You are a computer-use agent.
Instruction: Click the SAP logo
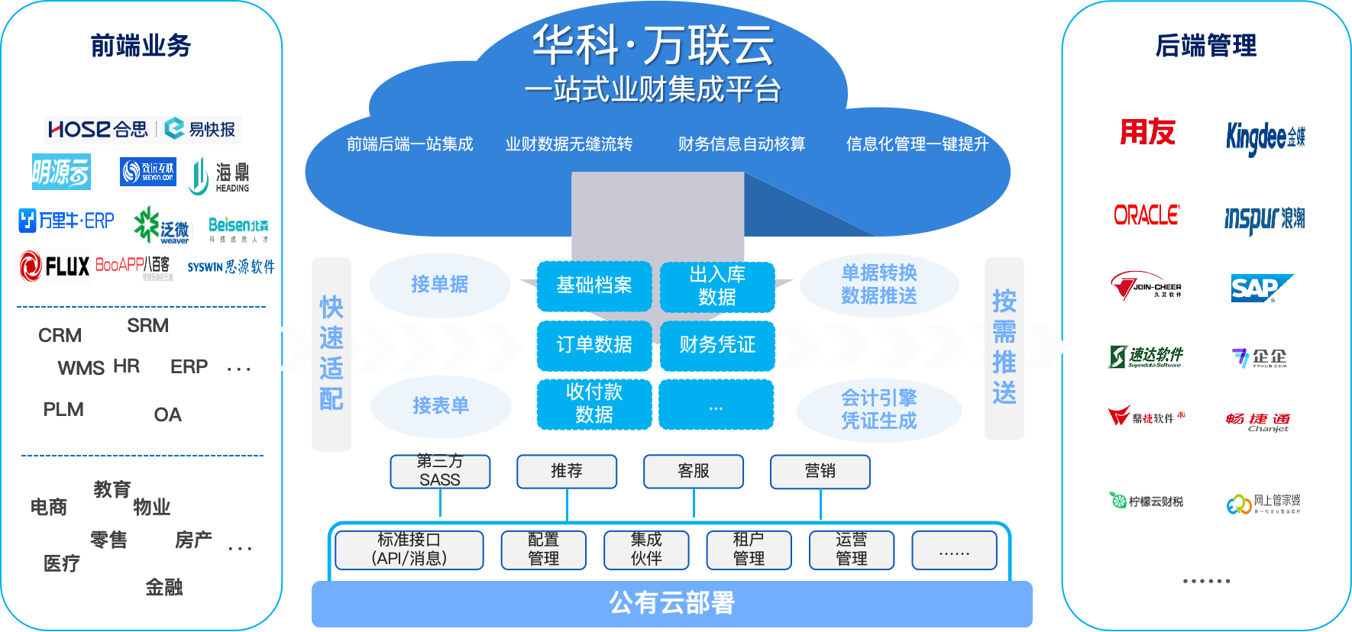coord(1261,288)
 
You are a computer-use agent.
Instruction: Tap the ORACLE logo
coord(1146,215)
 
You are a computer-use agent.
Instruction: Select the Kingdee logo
coord(1265,137)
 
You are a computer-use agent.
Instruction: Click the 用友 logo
coord(1147,132)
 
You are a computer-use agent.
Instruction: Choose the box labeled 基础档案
coord(594,285)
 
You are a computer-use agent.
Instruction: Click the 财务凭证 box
coord(717,345)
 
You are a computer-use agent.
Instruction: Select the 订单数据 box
coord(594,345)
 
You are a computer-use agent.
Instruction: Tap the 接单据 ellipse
coord(440,285)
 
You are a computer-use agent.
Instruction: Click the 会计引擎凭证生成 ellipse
coord(878,410)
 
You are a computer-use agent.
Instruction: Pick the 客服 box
coord(694,471)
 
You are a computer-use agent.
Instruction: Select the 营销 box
coord(820,471)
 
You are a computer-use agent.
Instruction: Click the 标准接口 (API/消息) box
coord(409,550)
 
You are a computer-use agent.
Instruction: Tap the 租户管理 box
coord(749,550)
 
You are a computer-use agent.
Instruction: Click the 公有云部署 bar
coord(671,603)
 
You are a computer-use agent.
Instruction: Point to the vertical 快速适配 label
coord(332,353)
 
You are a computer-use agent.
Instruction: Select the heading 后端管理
coord(1205,46)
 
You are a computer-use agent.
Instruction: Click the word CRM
coord(60,336)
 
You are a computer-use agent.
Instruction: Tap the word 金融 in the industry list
coord(164,588)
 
